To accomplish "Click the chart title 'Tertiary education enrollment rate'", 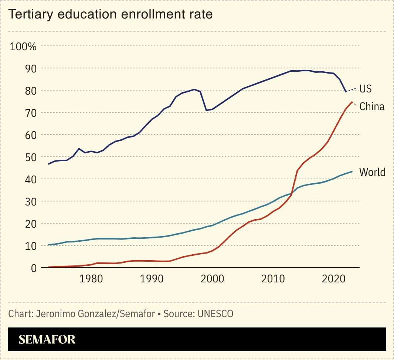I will [x=110, y=14].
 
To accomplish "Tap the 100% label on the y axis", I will [x=23, y=47].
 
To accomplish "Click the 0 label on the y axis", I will [x=34, y=268].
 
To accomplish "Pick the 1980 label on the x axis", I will [x=91, y=278].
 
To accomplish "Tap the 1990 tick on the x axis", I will [x=152, y=278].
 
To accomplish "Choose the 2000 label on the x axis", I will [x=212, y=278].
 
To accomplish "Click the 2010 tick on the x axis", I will [x=273, y=278].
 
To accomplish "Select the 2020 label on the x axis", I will [x=334, y=278].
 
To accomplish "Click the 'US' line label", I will [x=365, y=89].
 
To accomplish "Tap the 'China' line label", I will [x=372, y=107].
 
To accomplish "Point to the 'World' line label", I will [x=372, y=172].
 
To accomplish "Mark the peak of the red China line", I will [x=352, y=102].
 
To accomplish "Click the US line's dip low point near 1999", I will [x=206, y=110].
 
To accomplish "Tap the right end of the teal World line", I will [x=352, y=171].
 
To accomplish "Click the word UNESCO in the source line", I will [x=215, y=314].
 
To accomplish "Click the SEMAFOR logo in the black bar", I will [x=47, y=339].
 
